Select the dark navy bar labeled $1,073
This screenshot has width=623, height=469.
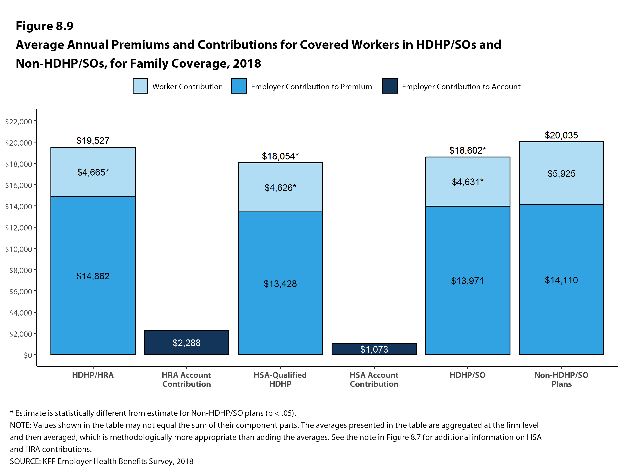374,349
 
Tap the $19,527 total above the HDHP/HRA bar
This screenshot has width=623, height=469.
93,140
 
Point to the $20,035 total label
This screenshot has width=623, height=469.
561,135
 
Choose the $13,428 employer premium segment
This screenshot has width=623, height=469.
280,283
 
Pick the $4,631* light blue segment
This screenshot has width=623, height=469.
468,182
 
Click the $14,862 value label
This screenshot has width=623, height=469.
93,276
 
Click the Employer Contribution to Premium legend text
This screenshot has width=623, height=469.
311,86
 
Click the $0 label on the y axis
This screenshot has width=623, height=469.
28,355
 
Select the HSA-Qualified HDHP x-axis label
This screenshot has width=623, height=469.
280,379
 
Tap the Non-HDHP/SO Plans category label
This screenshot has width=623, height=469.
561,379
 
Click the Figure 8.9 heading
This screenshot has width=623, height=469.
44,26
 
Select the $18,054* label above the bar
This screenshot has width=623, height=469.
280,156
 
